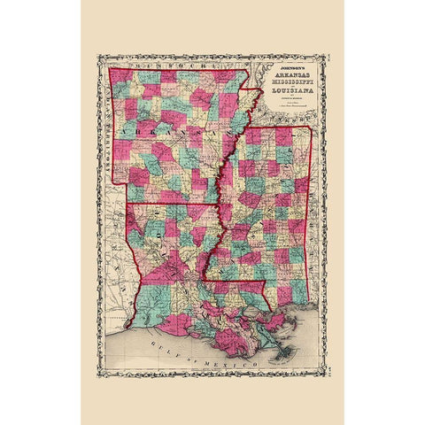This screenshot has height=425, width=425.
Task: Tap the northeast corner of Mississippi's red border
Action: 310,127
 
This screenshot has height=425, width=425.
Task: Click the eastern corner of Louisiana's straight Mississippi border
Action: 266,282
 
